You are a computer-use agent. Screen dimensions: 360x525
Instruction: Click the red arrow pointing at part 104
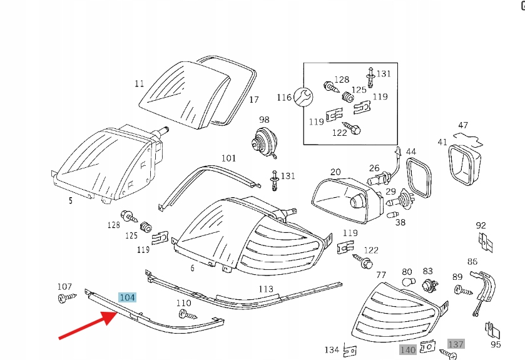point(88,323)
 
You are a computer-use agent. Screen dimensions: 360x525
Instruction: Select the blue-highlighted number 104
point(127,297)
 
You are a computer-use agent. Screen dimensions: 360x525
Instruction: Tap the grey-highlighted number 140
point(407,351)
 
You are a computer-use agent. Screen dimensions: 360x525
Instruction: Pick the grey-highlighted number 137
point(456,344)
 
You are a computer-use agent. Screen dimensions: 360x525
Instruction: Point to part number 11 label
point(139,83)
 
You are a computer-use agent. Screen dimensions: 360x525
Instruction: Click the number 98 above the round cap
point(264,120)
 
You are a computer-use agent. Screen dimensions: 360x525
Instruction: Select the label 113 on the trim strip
point(266,289)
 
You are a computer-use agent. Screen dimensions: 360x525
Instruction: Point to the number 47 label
point(463,125)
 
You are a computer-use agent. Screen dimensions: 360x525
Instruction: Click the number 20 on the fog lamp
point(335,172)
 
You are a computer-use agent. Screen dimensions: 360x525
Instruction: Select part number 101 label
point(228,158)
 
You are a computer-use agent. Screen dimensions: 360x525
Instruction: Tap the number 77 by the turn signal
point(380,274)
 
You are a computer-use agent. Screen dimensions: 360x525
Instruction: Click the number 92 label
point(481,225)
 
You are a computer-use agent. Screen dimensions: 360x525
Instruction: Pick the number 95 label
point(496,344)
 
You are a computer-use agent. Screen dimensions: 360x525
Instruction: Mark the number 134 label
point(332,349)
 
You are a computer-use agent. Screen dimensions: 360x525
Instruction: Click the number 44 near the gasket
point(410,152)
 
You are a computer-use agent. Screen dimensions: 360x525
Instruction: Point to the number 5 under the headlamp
point(70,201)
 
